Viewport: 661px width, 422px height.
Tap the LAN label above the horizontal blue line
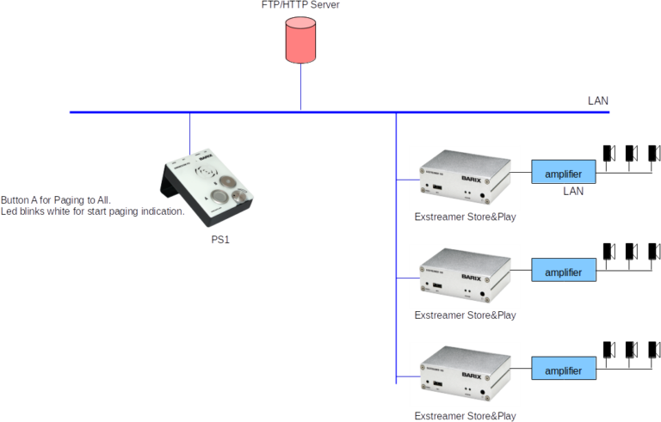tap(597, 101)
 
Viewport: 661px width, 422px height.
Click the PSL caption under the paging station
tap(221, 240)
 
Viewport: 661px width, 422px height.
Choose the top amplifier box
tap(563, 174)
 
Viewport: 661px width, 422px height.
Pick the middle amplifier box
tap(563, 272)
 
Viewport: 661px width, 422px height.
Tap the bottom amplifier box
tap(563, 370)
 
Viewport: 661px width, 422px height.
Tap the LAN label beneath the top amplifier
tap(573, 191)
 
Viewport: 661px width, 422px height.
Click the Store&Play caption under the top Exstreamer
tap(465, 218)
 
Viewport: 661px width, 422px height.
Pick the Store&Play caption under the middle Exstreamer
tap(465, 316)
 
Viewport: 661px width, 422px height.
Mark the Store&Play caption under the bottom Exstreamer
tap(465, 416)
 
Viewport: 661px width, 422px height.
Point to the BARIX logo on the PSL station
tap(206, 158)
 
